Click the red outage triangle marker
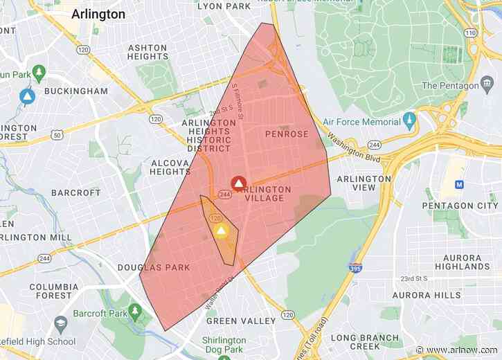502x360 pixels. click(x=237, y=183)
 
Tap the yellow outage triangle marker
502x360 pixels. click(x=222, y=231)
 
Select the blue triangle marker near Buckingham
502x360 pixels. click(x=27, y=97)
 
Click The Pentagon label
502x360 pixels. click(x=450, y=86)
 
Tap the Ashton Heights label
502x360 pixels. click(x=147, y=53)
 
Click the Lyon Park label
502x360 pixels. click(x=224, y=6)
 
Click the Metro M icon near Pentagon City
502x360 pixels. click(x=458, y=185)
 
